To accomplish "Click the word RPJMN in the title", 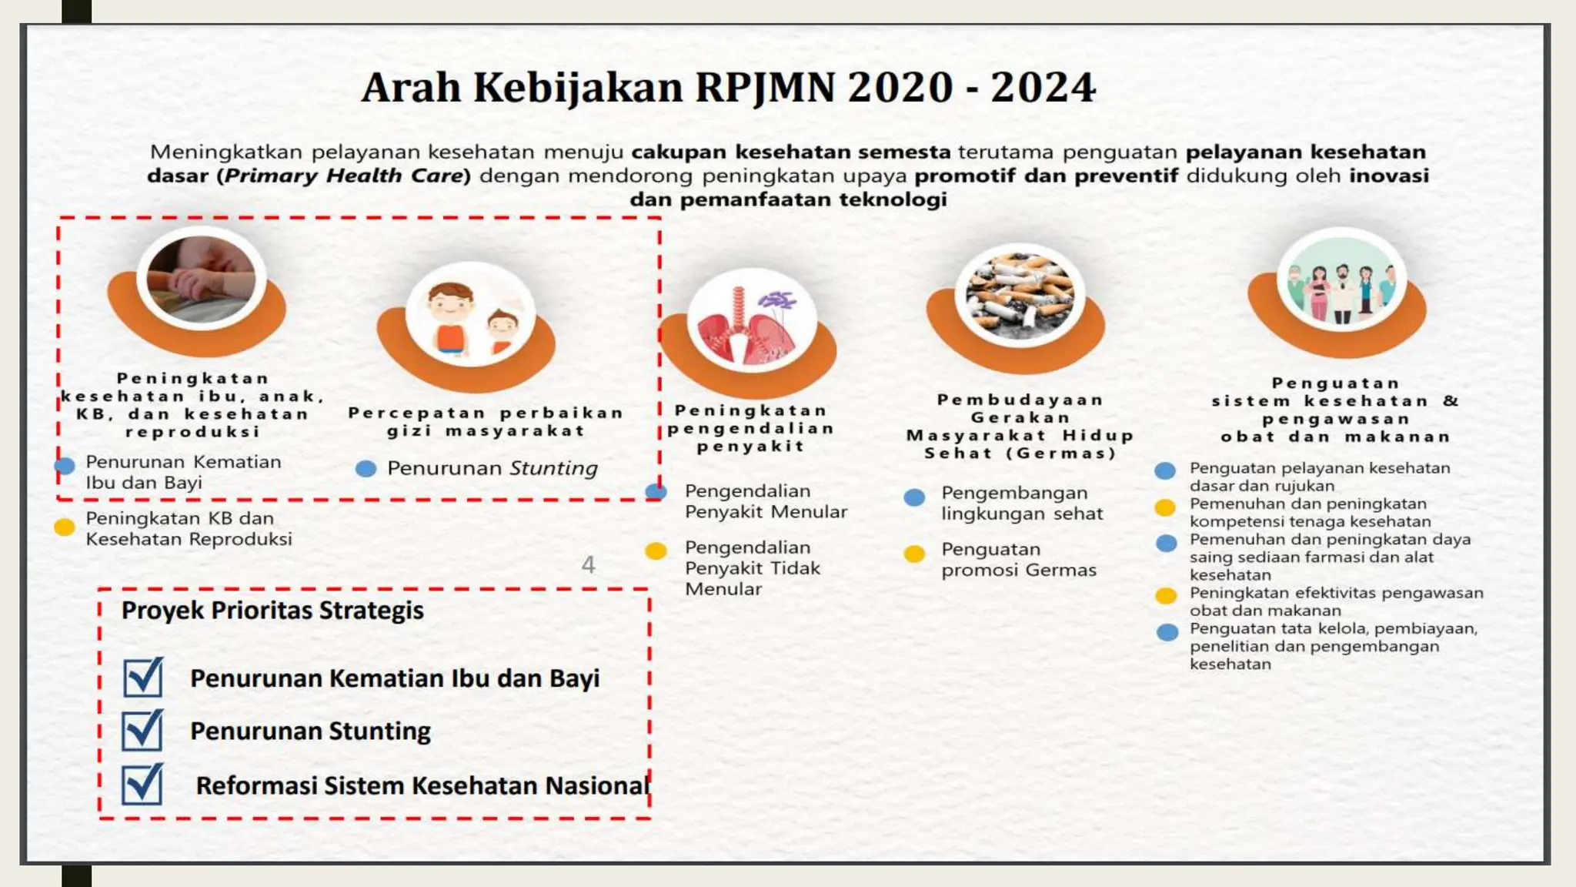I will pyautogui.click(x=765, y=87).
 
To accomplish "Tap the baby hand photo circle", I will pyautogui.click(x=202, y=279).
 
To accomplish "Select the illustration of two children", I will pyautogui.click(x=470, y=316).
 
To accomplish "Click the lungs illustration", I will pyautogui.click(x=751, y=322).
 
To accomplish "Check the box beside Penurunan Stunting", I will pyautogui.click(x=142, y=730).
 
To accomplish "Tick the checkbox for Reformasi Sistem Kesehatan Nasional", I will pyautogui.click(x=142, y=784).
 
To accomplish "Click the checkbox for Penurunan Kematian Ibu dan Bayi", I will pyautogui.click(x=143, y=678).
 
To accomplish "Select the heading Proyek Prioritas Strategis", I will pyautogui.click(x=272, y=611).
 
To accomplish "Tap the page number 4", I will pyautogui.click(x=588, y=565).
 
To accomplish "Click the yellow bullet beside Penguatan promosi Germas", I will pyautogui.click(x=914, y=554).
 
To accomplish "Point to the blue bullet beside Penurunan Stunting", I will pyautogui.click(x=366, y=468).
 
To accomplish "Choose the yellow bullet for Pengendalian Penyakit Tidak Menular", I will pyautogui.click(x=656, y=551).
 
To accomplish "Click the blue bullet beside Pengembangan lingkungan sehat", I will pyautogui.click(x=914, y=497).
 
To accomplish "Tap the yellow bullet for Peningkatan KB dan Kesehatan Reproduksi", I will pyautogui.click(x=65, y=527).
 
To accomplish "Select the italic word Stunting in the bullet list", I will pyautogui.click(x=553, y=468).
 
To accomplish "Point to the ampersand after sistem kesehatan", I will pyautogui.click(x=1450, y=400).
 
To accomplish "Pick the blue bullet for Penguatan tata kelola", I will pyautogui.click(x=1167, y=632).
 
